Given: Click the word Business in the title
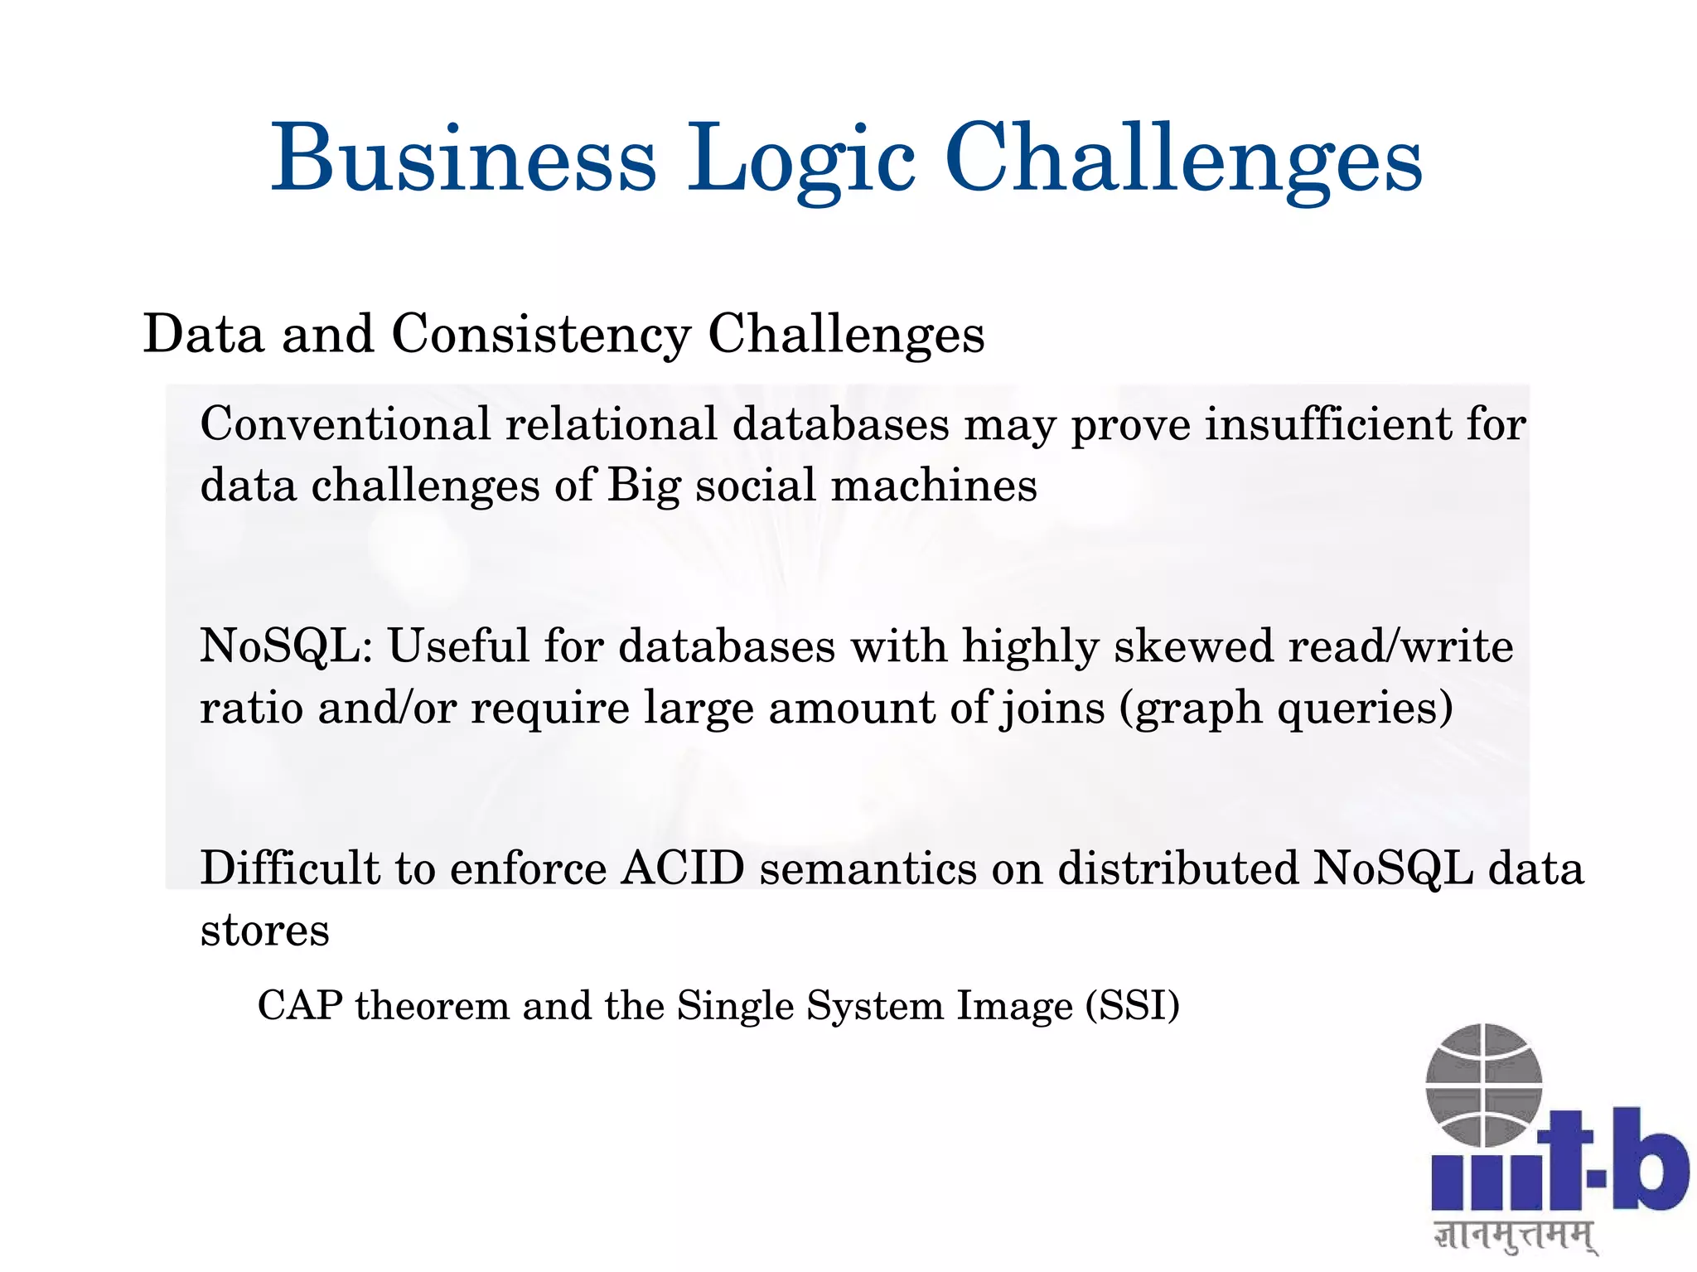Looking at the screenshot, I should [x=463, y=157].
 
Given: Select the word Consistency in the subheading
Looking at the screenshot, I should [x=540, y=335].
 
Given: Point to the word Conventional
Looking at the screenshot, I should [x=346, y=424].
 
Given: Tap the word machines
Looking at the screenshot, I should [x=934, y=485].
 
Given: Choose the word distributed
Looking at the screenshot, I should [x=1177, y=868].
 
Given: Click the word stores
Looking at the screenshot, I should [x=265, y=931].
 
